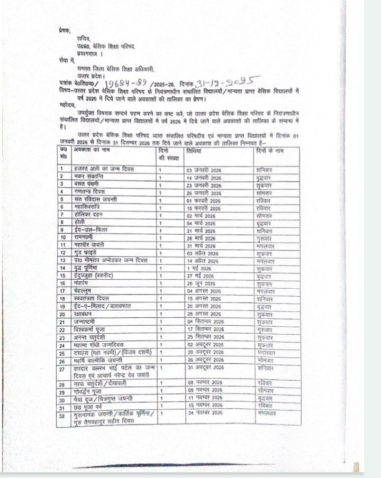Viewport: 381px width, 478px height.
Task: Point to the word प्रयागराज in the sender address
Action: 89,54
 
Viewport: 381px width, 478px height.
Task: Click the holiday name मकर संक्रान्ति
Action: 88,176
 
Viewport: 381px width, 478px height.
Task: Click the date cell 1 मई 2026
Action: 199,269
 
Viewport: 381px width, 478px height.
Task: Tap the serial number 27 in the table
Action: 62,369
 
